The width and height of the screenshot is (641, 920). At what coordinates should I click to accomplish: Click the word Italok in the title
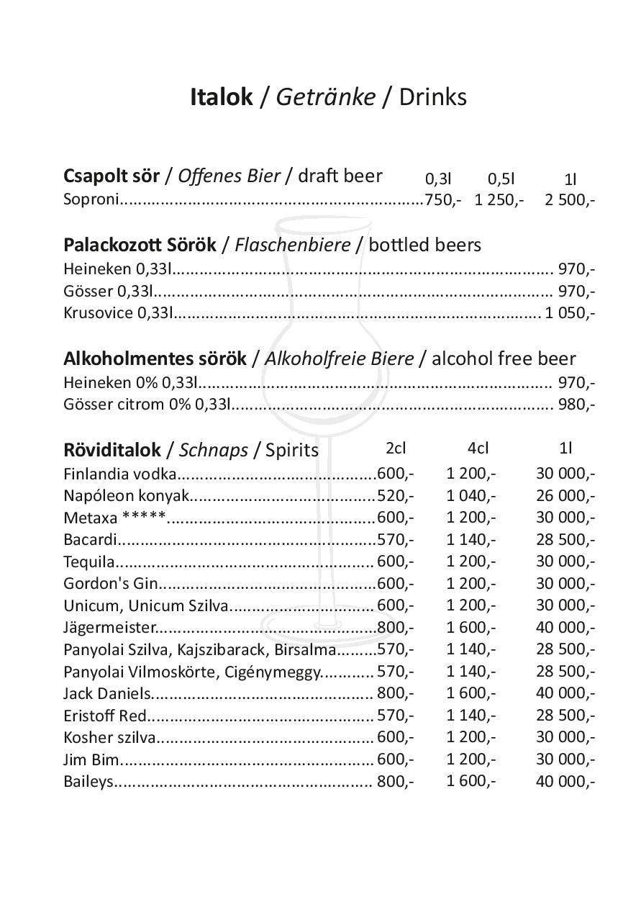(222, 96)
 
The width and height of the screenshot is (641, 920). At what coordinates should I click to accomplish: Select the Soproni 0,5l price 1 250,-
(499, 199)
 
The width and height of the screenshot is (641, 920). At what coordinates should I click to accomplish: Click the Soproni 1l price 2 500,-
(569, 199)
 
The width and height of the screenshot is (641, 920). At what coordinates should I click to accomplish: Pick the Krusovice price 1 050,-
(569, 312)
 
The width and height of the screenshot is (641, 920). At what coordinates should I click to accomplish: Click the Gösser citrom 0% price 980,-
(576, 404)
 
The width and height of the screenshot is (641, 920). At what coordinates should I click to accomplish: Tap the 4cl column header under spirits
(478, 448)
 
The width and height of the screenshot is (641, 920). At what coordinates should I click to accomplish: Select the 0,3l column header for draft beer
(438, 179)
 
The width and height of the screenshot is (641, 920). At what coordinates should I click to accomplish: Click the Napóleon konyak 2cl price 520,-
(395, 495)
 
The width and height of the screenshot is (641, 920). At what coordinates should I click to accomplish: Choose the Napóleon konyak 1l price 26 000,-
(565, 495)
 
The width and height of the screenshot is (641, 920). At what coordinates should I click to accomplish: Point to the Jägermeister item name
(109, 627)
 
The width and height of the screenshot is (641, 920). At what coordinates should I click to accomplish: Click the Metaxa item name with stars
(114, 518)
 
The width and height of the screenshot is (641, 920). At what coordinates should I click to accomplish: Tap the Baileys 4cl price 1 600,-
(471, 780)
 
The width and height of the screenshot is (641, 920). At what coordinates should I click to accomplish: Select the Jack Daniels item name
(107, 693)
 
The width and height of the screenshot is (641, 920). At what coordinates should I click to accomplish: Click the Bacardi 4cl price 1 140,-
(471, 539)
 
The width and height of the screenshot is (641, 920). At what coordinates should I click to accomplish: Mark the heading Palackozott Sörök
(140, 245)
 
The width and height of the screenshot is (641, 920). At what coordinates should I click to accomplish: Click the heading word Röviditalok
(112, 450)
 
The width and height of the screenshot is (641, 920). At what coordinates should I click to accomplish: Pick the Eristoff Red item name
(105, 716)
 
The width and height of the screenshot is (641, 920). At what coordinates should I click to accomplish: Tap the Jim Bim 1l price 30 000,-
(565, 759)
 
